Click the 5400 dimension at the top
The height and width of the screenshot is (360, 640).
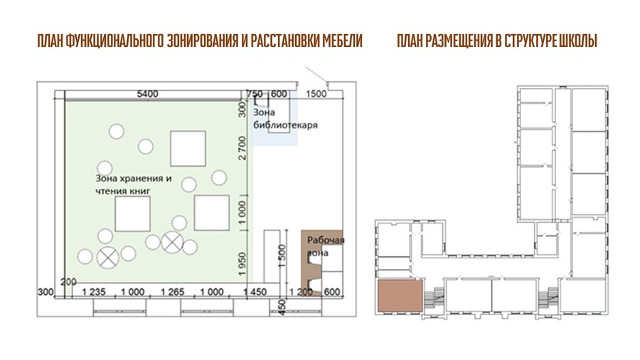[x=147, y=94]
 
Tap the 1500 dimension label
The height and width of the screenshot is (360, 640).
[x=316, y=94]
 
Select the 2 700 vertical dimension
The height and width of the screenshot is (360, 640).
[x=242, y=148]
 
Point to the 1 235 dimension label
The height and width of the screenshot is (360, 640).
[x=94, y=292]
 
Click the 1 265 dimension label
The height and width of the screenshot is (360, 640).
[x=172, y=292]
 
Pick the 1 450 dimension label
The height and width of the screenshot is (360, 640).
[x=255, y=292]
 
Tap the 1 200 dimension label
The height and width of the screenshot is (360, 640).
[x=301, y=292]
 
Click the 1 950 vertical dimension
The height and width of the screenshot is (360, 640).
[x=242, y=264]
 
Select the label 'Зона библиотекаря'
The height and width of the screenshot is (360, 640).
[x=285, y=118]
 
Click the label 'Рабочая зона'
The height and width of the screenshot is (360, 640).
[x=326, y=246]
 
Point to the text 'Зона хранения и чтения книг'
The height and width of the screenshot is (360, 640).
[x=134, y=184]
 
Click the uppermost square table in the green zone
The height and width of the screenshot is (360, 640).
[x=188, y=149]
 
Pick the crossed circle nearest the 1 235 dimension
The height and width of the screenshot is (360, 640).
[x=108, y=258]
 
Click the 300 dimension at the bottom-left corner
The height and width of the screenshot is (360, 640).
[x=46, y=292]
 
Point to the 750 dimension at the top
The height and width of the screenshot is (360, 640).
[x=255, y=94]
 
